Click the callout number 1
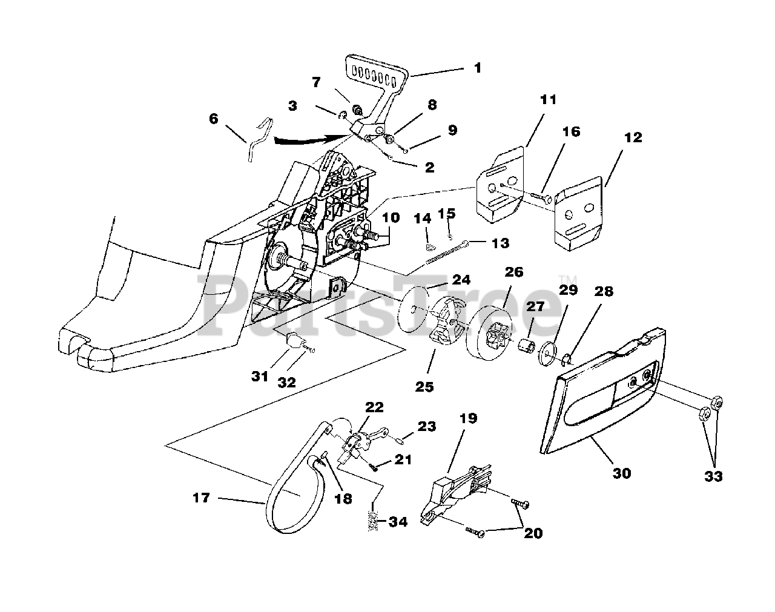pyautogui.click(x=478, y=68)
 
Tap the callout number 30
pyautogui.click(x=622, y=473)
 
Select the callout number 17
pyautogui.click(x=202, y=498)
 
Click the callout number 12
pyautogui.click(x=633, y=138)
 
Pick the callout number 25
pyautogui.click(x=424, y=386)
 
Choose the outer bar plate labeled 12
pyautogui.click(x=579, y=212)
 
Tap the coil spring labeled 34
pyautogui.click(x=374, y=522)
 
